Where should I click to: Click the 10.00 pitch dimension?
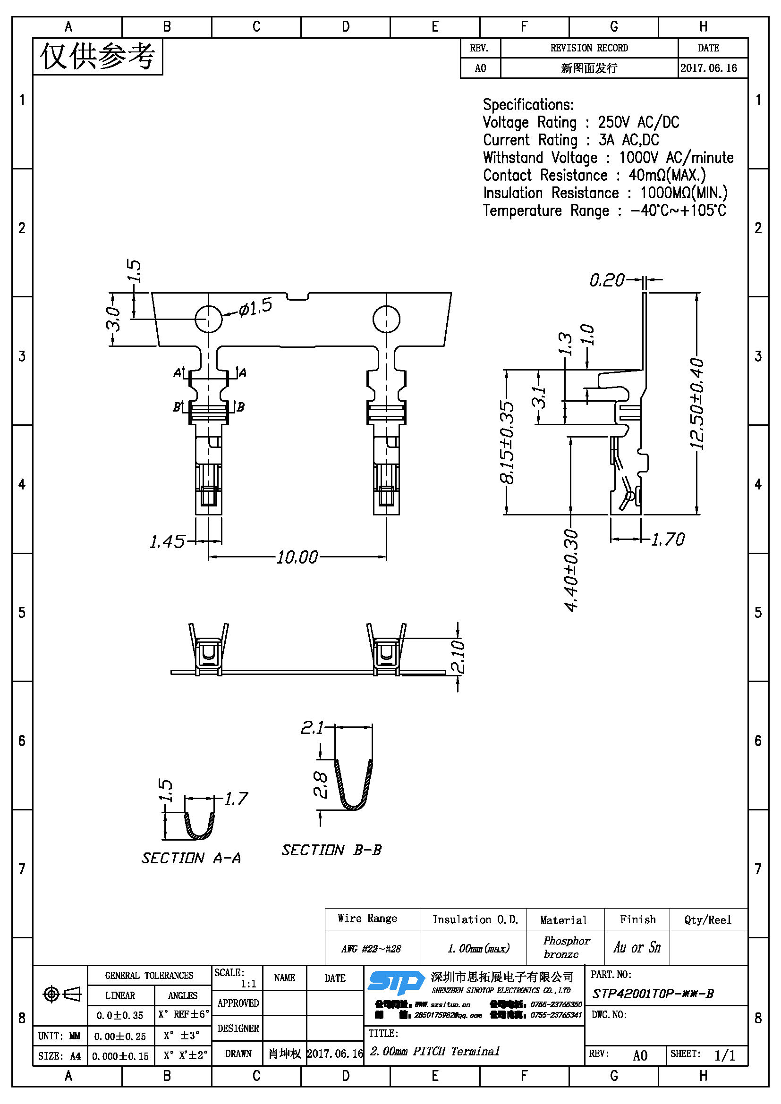tap(297, 557)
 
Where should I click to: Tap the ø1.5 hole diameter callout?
tap(255, 307)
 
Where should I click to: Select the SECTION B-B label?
tap(331, 850)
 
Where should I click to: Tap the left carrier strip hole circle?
tap(208, 318)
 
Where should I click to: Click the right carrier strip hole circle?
tap(386, 318)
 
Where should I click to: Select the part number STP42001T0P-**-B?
tap(653, 993)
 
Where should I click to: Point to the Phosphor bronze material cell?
tap(566, 947)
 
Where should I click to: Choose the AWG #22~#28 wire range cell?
tap(371, 948)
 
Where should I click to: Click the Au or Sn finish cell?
tap(637, 947)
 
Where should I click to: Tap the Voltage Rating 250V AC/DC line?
tap(580, 123)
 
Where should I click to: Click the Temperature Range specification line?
tap(604, 211)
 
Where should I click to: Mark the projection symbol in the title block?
tap(62, 994)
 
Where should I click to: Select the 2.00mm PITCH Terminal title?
tap(435, 1051)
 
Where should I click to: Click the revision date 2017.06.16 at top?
tap(708, 68)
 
